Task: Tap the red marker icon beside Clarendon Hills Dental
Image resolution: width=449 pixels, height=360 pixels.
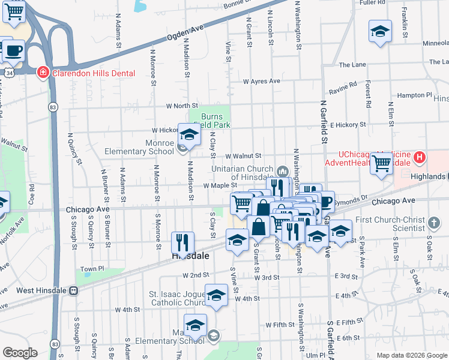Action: click(x=43, y=73)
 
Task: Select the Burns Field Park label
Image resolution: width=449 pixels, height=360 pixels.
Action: click(x=215, y=121)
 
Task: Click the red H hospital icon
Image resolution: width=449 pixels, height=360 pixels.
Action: click(x=420, y=158)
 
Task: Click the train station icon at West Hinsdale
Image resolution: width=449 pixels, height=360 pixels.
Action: click(x=73, y=290)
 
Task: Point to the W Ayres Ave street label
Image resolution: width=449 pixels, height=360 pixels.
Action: click(x=261, y=81)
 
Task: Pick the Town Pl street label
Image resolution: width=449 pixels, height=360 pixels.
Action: click(x=92, y=269)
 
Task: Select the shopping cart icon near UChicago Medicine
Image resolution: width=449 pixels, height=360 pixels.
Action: click(x=381, y=163)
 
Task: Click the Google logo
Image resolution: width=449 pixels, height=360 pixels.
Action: click(x=20, y=353)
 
